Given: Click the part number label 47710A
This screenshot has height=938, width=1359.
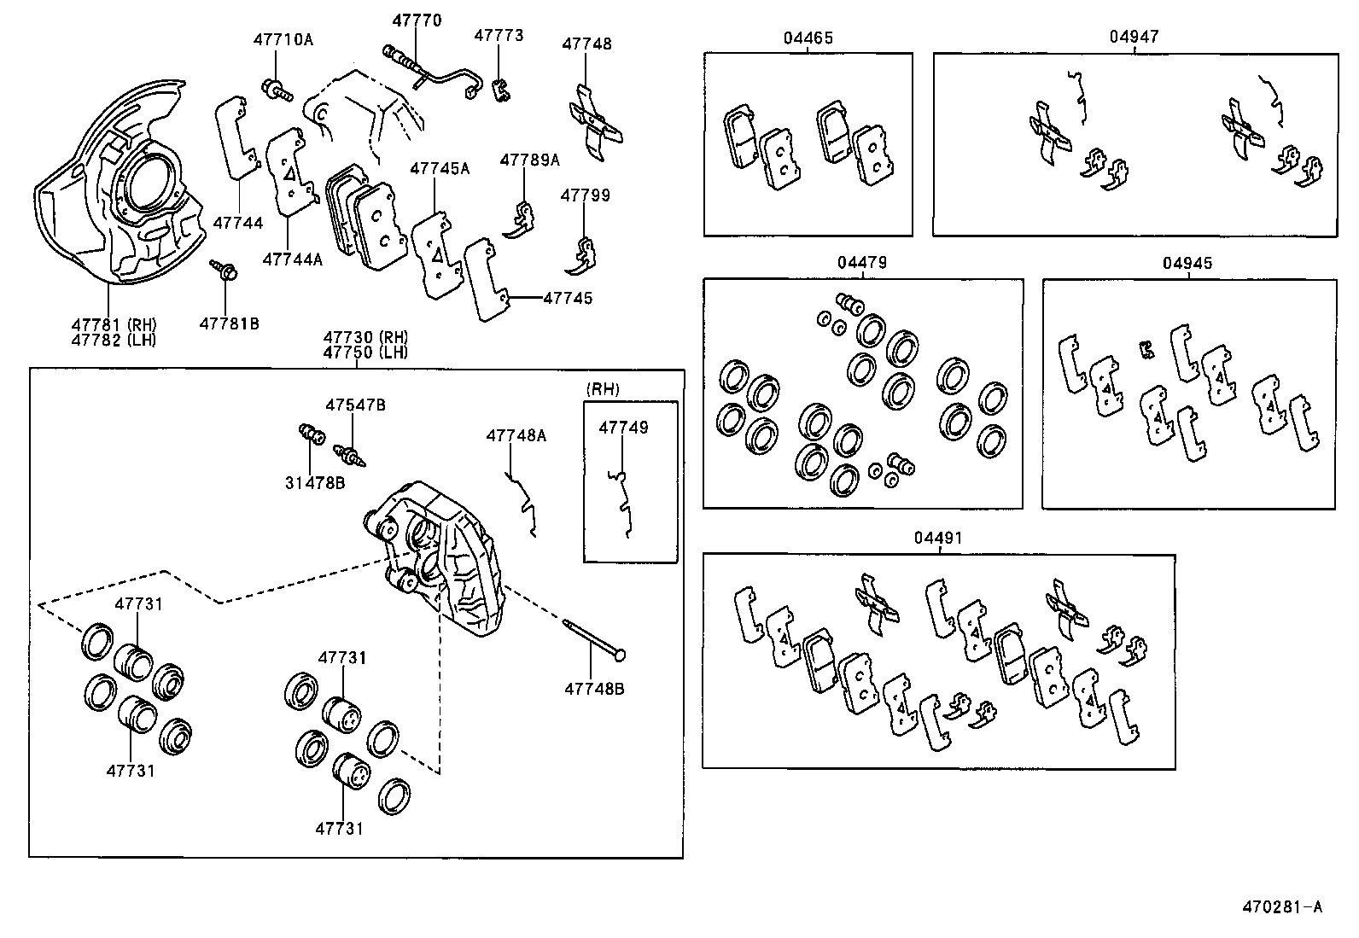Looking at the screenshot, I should point(283,39).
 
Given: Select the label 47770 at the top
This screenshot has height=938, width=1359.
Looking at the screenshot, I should point(417,20).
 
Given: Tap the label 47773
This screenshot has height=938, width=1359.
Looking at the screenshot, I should point(499,36).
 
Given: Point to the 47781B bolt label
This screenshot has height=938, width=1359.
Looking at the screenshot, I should point(229,323).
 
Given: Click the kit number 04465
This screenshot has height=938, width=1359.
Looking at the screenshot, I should point(808,38).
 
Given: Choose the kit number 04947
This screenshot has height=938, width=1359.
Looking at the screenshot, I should point(1134,37).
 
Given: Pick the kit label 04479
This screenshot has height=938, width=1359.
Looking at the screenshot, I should point(861,262).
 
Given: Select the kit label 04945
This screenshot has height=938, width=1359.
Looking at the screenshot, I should point(1187,263).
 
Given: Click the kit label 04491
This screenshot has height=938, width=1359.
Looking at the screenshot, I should point(938,538).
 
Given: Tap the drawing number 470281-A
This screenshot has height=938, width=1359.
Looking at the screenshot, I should point(1281,906).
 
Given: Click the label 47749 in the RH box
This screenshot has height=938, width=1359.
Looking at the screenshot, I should point(623,428).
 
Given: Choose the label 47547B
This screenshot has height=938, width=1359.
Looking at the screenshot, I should point(354,405).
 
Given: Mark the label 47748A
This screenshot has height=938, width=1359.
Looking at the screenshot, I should point(516,435).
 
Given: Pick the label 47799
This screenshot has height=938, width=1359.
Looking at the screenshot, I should point(585,195).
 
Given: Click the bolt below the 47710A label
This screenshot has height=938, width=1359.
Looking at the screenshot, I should point(276,86).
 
